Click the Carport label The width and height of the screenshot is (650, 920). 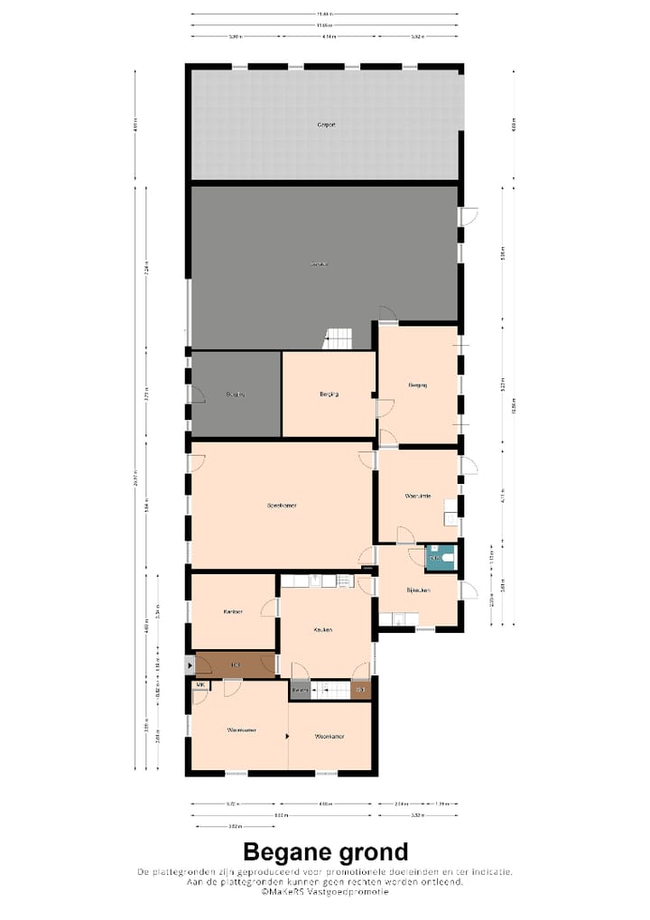[326, 125]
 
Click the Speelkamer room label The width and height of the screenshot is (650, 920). [282, 505]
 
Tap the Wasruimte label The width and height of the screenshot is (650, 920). [417, 496]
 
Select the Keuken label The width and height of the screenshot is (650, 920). [323, 629]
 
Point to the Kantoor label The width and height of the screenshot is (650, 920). [233, 611]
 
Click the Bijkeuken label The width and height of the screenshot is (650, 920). [417, 590]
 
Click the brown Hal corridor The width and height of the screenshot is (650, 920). [235, 665]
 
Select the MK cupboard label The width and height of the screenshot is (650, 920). [200, 686]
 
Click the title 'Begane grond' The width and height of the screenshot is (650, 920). [325, 851]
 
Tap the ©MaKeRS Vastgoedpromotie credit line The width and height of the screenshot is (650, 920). [325, 892]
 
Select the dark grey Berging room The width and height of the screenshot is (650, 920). [236, 395]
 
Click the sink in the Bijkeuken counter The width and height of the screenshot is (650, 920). [396, 618]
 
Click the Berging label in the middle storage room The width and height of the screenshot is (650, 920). [329, 395]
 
